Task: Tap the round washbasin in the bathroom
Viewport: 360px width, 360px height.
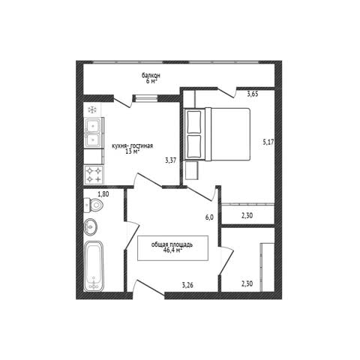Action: (90, 226)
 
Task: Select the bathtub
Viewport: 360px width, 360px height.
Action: (94, 266)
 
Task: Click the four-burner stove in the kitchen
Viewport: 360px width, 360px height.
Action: (94, 175)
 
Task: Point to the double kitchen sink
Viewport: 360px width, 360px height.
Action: (94, 133)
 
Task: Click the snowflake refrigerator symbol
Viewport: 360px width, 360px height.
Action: (92, 109)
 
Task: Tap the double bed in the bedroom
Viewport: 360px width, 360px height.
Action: (217, 134)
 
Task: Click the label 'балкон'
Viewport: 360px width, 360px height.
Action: (151, 75)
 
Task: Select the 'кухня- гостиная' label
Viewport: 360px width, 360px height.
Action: (132, 146)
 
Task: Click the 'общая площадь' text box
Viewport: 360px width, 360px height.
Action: (172, 248)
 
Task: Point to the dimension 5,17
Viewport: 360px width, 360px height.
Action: (268, 142)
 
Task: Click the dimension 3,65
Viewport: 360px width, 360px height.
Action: (253, 94)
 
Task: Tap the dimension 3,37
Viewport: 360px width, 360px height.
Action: (171, 160)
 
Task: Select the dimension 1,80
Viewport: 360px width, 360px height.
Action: (103, 193)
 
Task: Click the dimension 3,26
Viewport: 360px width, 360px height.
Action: (187, 285)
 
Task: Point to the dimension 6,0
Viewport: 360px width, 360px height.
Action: (209, 217)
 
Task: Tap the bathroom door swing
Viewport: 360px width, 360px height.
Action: (132, 235)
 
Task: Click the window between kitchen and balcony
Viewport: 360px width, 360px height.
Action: (145, 98)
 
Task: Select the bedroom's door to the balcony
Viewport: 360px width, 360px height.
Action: (226, 92)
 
